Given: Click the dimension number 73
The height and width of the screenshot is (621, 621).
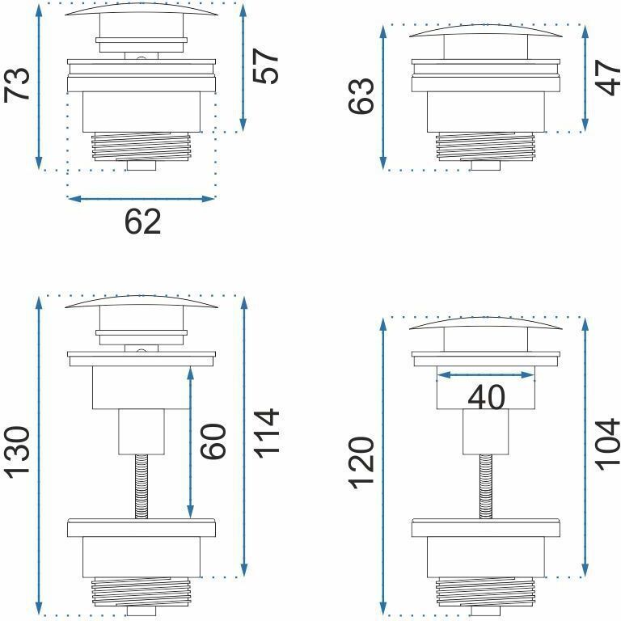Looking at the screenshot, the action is pos(17,84).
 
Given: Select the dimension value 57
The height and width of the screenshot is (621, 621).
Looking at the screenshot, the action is pos(266,66).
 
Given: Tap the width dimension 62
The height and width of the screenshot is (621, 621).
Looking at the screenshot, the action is pos(142,222).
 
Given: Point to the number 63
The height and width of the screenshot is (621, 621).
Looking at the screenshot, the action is pos(361,96).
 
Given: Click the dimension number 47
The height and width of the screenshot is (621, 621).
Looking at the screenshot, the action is pos(608,78).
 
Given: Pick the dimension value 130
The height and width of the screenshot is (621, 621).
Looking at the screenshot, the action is pos(17,453).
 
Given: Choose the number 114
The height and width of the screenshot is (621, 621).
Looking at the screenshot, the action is pos(266,434).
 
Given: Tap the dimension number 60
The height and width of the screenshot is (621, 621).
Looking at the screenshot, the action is pos(213,441).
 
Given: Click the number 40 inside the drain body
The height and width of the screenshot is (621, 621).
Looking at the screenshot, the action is pos(486,397).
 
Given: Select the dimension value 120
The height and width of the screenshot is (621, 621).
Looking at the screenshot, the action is pos(361,463).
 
